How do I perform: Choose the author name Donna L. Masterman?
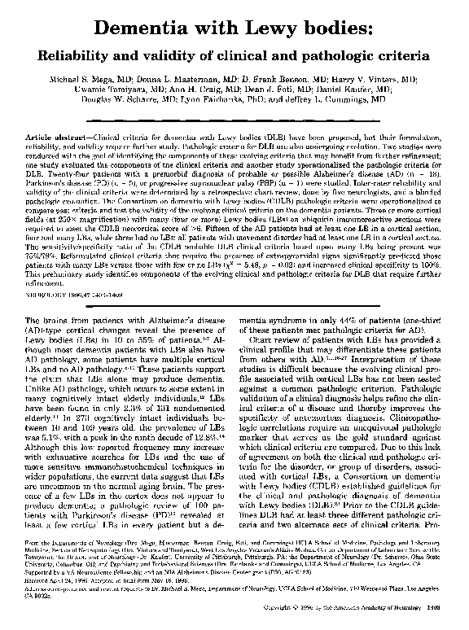tap(173, 82)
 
